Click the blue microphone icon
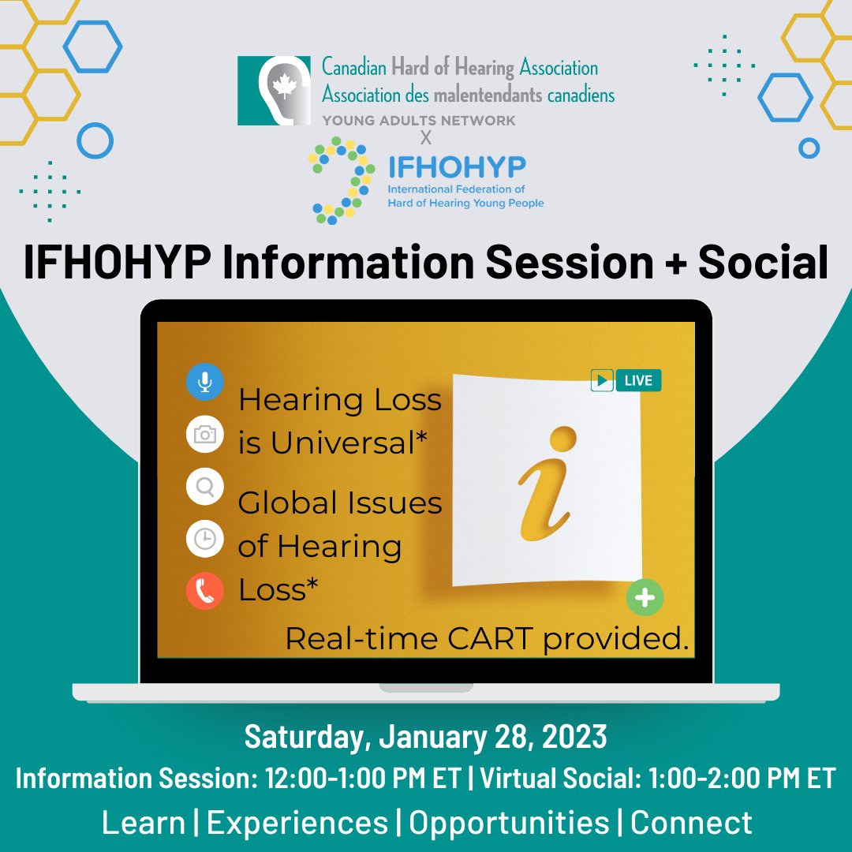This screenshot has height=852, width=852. (x=205, y=383)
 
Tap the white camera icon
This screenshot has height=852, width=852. (x=205, y=435)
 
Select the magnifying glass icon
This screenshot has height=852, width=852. (x=205, y=488)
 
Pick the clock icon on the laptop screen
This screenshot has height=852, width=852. (x=205, y=540)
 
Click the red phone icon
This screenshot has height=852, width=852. (x=205, y=592)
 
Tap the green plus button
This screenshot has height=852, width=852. (x=645, y=598)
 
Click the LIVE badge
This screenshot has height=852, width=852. (x=626, y=381)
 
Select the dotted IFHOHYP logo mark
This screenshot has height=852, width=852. (x=341, y=181)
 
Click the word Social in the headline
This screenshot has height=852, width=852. (x=763, y=263)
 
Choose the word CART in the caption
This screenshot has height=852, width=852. (x=497, y=639)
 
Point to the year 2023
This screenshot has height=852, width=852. (x=574, y=737)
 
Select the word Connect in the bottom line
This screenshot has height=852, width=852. (x=691, y=823)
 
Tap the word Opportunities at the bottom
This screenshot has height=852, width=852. (x=509, y=823)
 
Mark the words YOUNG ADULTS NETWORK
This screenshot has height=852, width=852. (x=418, y=121)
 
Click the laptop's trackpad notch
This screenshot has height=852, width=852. (x=426, y=687)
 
